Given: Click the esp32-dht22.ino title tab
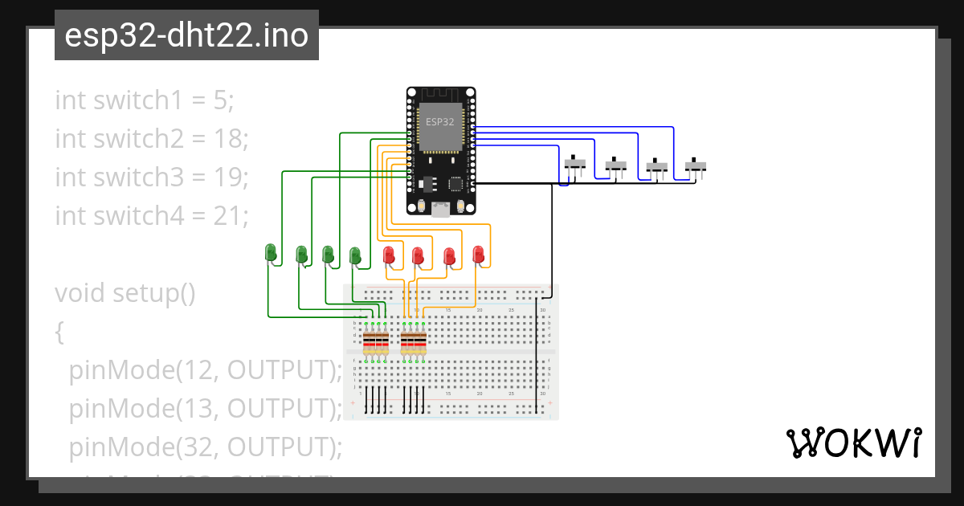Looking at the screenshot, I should (186, 35).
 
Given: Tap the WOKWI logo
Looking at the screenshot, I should (852, 443).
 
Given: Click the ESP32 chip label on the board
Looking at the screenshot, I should (439, 122).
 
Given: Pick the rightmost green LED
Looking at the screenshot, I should (354, 255).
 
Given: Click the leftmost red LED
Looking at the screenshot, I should (390, 255).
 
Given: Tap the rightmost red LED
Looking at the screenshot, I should (479, 255).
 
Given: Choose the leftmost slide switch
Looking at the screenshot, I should (574, 164).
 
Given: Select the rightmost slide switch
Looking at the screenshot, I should (696, 166).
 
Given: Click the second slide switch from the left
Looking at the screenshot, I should (615, 165).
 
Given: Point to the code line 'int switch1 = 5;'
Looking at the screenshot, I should (145, 100).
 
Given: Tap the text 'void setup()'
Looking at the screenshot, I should (125, 293).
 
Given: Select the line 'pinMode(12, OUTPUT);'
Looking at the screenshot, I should (206, 370).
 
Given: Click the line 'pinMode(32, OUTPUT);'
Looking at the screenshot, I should (206, 447).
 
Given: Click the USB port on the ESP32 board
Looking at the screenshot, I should (440, 210).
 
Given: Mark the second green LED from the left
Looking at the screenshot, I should (301, 255).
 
